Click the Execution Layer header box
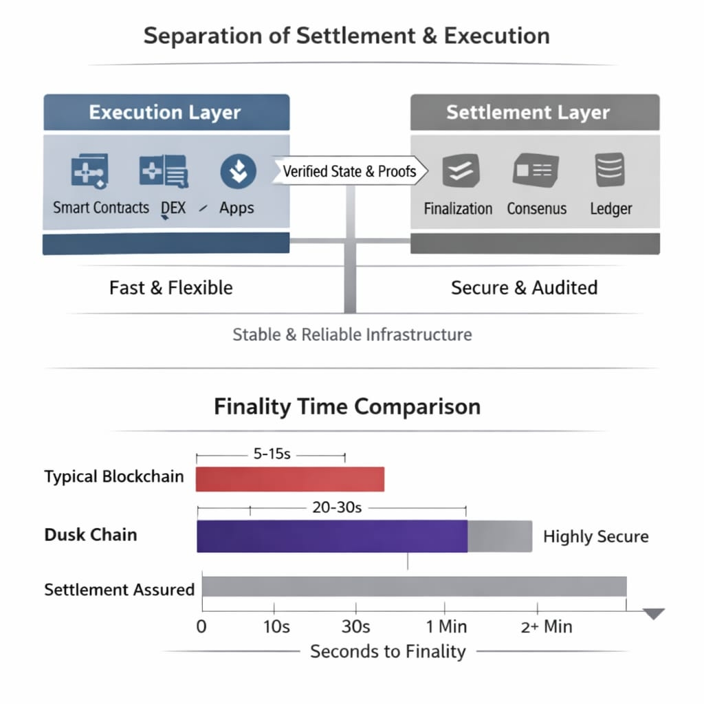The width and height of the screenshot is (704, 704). pos(166,113)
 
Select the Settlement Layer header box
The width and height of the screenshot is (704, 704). pos(534,113)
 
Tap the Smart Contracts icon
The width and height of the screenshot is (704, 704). pos(90,171)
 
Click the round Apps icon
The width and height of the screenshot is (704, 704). pos(238,171)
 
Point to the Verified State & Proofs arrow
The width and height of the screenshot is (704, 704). pos(350,171)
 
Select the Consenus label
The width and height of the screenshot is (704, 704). pos(536,208)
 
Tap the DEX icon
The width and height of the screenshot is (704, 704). pos(164,171)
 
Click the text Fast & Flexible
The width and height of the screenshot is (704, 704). pos(170,287)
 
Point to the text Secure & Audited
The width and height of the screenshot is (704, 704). pos(524,287)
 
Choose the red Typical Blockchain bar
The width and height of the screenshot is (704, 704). pos(289,479)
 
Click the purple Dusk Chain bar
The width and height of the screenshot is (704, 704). pos(331,536)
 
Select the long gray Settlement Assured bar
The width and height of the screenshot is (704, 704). pos(414,586)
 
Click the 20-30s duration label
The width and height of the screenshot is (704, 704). pos(337,508)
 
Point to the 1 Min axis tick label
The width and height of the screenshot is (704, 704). pos(446,626)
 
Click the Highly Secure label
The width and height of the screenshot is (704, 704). pos(595,537)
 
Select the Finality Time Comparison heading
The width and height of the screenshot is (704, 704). pos(347,406)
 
